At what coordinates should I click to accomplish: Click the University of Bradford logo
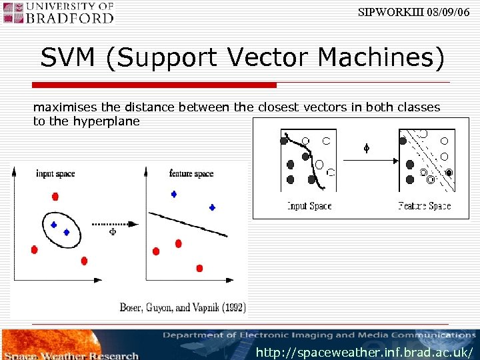tap(59, 13)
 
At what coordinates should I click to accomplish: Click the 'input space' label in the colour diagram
tap(55, 174)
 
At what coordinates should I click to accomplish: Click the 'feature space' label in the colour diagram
tap(191, 174)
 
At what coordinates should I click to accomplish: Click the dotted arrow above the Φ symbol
tap(113, 223)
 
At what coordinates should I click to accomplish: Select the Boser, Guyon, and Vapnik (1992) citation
tap(183, 307)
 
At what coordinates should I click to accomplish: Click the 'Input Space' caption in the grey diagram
tap(309, 206)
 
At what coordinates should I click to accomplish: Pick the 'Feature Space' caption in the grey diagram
tap(425, 206)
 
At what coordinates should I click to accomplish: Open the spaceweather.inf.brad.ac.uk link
tap(365, 351)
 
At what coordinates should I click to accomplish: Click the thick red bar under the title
tap(155, 85)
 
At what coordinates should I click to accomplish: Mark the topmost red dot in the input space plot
tap(55, 197)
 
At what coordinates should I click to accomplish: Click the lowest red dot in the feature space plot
tap(199, 268)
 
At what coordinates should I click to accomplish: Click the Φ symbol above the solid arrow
tap(365, 148)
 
